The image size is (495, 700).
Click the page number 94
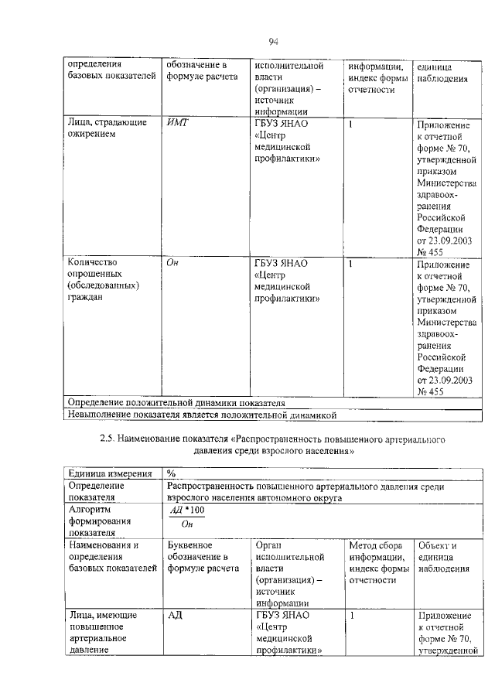pos(273,41)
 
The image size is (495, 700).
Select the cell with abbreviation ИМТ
pos(178,123)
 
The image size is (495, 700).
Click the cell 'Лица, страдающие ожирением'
pos(101,128)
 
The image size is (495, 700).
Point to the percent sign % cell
pos(171,474)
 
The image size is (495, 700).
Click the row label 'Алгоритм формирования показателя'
pos(98,521)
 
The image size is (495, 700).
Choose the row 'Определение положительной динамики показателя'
pos(177,403)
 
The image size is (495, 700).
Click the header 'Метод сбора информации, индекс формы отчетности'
pos(378,562)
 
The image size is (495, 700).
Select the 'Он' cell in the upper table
pos(173,263)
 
